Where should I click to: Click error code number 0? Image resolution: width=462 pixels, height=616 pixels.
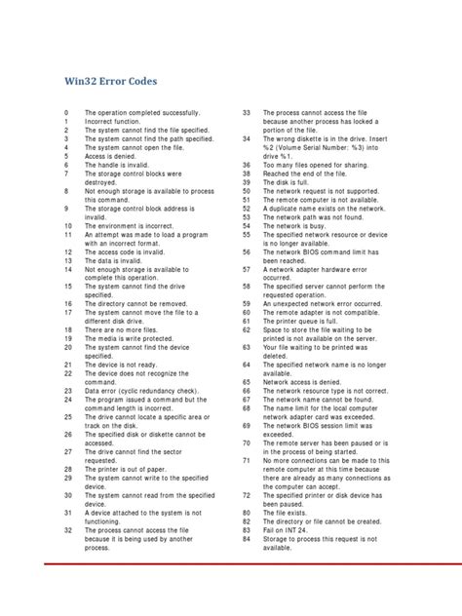pyautogui.click(x=66, y=114)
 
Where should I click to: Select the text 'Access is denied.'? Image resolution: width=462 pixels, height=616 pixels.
pyautogui.click(x=116, y=155)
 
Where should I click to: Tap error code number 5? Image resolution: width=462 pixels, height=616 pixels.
pyautogui.click(x=66, y=155)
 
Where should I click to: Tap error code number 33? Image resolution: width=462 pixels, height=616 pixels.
pyautogui.click(x=247, y=114)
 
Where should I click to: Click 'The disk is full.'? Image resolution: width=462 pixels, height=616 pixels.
pyautogui.click(x=291, y=181)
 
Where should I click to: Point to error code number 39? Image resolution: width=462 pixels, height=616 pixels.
pyautogui.click(x=247, y=181)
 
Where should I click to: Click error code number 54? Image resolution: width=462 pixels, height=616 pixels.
pyautogui.click(x=247, y=224)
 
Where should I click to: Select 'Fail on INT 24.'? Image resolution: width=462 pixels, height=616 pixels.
pyautogui.click(x=291, y=528)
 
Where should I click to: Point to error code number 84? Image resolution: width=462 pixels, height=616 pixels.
pyautogui.click(x=247, y=537)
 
